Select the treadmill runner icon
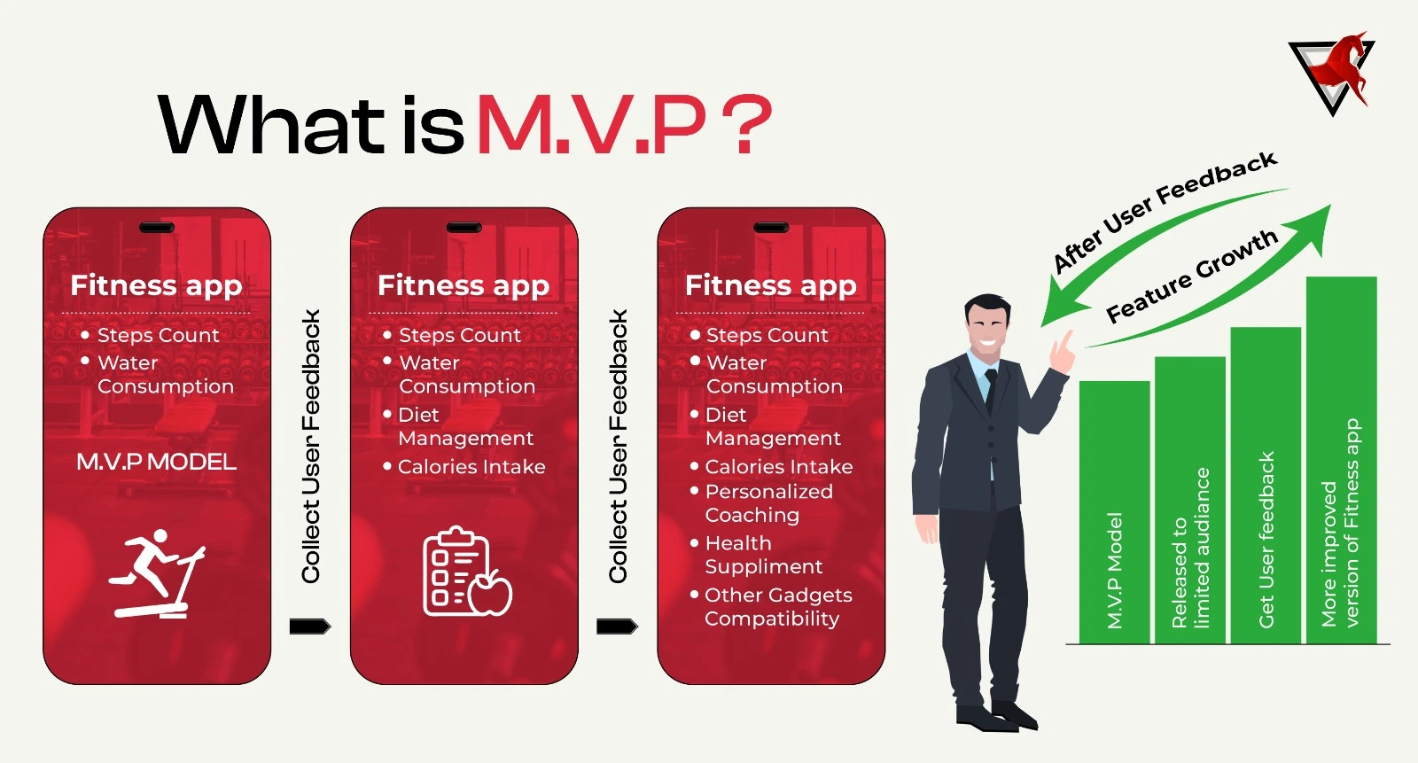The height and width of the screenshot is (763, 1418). [157, 573]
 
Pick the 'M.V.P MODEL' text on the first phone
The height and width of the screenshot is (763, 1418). [156, 462]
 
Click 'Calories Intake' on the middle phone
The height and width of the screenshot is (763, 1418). [471, 467]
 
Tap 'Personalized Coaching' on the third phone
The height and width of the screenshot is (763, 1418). [767, 503]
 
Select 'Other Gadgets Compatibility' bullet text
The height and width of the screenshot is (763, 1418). [777, 607]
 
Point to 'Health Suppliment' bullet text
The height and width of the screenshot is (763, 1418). [763, 555]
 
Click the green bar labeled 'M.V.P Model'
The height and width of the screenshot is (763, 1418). [1114, 514]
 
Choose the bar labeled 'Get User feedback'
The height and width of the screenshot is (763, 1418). [1266, 487]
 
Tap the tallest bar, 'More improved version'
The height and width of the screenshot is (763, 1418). [1341, 461]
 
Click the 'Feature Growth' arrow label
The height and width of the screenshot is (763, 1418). [1191, 275]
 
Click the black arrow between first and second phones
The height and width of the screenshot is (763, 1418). [309, 627]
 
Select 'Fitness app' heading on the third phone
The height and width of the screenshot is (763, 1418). [771, 285]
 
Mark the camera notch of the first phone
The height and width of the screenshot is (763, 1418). [157, 228]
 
